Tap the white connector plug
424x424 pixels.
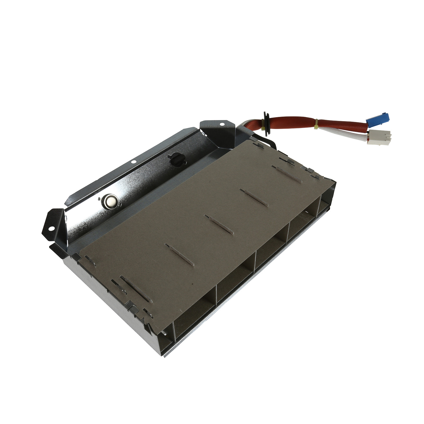pyautogui.click(x=380, y=138)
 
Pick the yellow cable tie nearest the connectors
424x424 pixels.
pyautogui.click(x=316, y=124)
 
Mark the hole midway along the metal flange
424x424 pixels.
pyautogui.click(x=133, y=162)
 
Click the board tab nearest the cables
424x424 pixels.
pyautogui.click(x=287, y=174)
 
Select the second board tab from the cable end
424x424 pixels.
pyautogui.click(x=254, y=197)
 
